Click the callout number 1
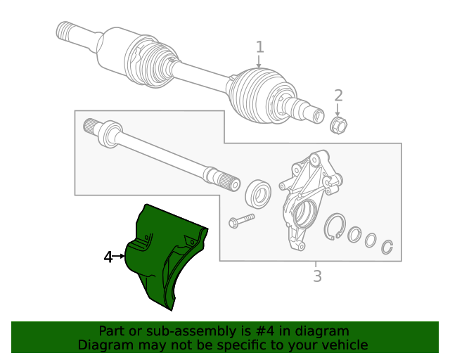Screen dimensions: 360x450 (259, 47)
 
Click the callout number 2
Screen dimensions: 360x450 (338, 96)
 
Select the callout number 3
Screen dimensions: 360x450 (317, 276)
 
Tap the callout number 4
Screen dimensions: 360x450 (108, 257)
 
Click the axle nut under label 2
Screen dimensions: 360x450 (339, 125)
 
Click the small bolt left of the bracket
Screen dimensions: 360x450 (238, 221)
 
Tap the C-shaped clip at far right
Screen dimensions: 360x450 (387, 247)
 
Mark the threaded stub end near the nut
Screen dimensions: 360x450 (309, 112)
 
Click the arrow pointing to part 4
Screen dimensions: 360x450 (120, 257)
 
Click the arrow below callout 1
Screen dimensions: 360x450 (259, 62)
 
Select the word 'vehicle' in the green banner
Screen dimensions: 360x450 (342, 345)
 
